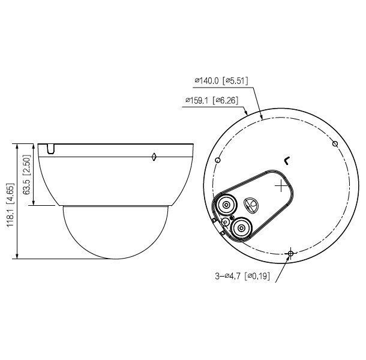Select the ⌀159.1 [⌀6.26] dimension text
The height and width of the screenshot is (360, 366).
click(214, 101)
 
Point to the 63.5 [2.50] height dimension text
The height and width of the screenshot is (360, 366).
click(26, 174)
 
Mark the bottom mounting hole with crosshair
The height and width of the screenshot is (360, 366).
click(290, 254)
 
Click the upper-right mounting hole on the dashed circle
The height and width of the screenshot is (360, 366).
click(335, 143)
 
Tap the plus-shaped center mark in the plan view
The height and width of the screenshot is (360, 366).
click(281, 187)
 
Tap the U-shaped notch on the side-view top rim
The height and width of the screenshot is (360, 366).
click(50, 147)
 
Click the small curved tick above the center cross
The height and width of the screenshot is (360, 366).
click(287, 160)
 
